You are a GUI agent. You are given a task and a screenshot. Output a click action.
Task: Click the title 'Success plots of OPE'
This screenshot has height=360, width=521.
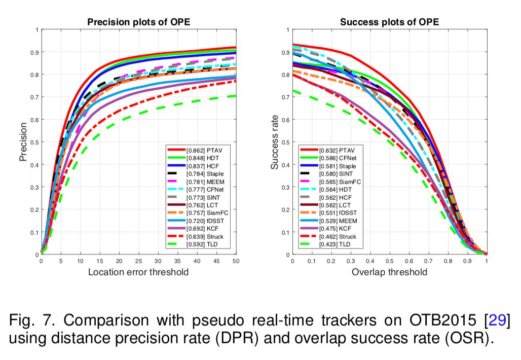tap(389, 22)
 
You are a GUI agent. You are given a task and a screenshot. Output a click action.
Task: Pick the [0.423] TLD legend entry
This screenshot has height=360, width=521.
tap(335, 245)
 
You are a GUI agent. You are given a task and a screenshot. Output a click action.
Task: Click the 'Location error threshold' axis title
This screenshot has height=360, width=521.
tap(138, 272)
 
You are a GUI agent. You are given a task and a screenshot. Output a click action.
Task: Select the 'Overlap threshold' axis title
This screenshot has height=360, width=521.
tap(389, 272)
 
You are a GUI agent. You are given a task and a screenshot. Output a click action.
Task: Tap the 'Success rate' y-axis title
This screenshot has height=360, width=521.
tap(275, 142)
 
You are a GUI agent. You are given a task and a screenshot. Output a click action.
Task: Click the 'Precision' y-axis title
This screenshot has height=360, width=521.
tap(23, 141)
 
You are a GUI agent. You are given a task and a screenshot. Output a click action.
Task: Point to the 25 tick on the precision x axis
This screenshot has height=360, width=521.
tap(139, 262)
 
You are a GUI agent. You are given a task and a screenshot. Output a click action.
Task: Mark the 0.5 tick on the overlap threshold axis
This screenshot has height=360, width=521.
tap(389, 262)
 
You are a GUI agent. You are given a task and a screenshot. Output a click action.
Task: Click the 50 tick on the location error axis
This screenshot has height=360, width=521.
tap(236, 262)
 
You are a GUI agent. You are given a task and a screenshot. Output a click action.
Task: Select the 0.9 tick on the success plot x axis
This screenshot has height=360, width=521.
tap(467, 262)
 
